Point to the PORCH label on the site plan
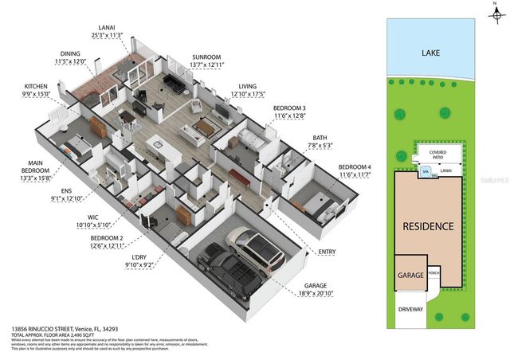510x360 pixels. point(434,272)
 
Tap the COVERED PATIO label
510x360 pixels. point(437,154)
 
